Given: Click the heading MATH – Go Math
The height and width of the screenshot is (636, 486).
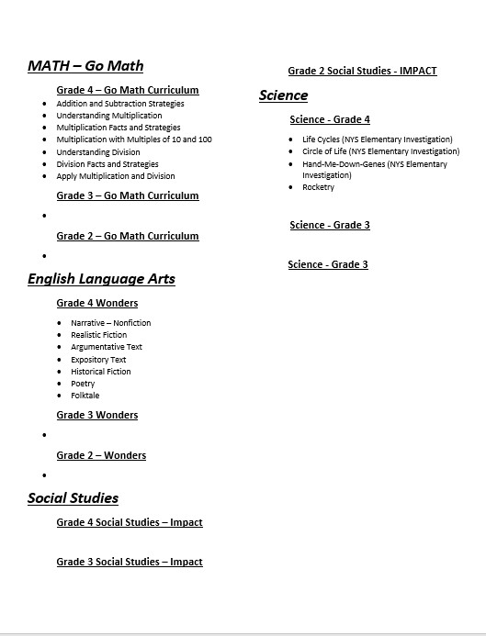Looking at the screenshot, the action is [85, 66].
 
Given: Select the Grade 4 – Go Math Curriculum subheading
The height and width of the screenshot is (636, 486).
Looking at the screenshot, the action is [128, 90].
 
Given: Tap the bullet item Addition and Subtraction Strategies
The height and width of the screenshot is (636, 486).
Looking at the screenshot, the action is [120, 104].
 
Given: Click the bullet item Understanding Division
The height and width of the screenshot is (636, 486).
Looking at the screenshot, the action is [98, 152].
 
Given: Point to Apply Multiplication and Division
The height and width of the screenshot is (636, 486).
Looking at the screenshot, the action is [116, 176].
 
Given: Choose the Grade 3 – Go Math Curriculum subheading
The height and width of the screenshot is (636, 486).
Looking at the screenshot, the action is [128, 195].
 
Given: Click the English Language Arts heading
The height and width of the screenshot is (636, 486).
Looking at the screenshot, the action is [101, 279].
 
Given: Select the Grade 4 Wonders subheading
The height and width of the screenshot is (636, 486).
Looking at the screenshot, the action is [97, 303].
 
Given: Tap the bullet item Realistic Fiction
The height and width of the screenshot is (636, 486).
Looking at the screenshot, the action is [99, 335].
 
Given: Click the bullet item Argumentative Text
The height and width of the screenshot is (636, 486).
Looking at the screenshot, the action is [107, 347].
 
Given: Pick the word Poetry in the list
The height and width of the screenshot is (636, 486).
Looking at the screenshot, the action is [83, 384].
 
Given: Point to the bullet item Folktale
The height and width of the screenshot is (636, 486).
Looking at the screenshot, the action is [85, 396].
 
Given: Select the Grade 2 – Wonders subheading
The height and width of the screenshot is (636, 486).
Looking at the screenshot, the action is [101, 455].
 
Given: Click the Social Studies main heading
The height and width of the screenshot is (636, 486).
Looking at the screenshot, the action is [73, 498].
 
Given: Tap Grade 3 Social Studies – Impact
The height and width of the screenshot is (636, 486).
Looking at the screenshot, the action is [130, 562].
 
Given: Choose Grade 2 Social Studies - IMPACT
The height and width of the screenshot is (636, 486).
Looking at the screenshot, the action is [362, 71].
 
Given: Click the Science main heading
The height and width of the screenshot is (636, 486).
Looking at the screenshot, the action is [283, 95].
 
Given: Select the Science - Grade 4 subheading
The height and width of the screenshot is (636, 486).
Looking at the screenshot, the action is [330, 119].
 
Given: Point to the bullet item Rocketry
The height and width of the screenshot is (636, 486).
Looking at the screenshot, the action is [319, 187].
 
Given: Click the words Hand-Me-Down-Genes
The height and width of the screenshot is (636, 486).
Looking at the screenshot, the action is [344, 164].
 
